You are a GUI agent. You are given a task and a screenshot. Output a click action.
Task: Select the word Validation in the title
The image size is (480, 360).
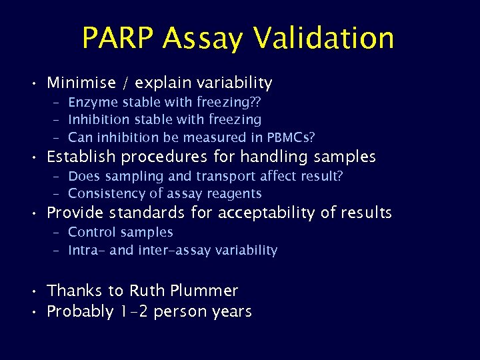pyautogui.click(x=327, y=38)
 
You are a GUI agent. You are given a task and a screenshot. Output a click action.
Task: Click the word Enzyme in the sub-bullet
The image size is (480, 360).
pyautogui.click(x=91, y=102)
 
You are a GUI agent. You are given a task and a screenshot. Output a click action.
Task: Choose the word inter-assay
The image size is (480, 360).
pyautogui.click(x=170, y=251)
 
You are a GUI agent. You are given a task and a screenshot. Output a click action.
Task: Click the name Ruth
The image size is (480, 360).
pyautogui.click(x=145, y=291)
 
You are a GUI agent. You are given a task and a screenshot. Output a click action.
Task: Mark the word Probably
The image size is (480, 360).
pyautogui.click(x=80, y=311)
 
